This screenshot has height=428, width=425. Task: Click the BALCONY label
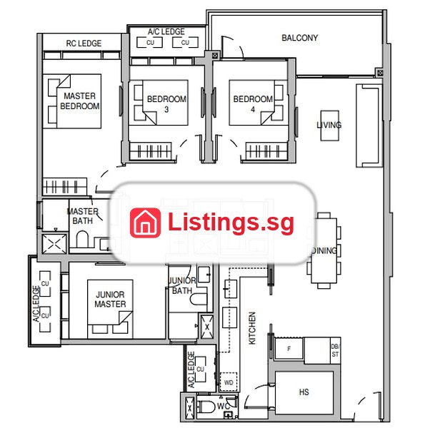click(299, 38)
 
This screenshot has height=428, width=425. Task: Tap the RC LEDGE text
click(84, 43)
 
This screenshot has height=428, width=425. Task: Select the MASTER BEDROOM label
click(79, 101)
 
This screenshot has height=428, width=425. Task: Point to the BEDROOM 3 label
click(166, 104)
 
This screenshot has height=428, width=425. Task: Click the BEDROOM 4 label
click(253, 104)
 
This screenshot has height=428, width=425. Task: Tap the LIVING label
click(329, 125)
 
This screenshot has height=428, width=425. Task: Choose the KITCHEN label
click(252, 328)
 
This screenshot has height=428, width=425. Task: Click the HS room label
click(304, 392)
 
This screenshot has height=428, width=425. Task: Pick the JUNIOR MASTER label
click(110, 299)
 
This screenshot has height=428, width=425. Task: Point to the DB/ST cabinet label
click(335, 350)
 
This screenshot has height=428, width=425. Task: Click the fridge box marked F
click(289, 349)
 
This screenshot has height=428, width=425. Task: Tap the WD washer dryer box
click(229, 382)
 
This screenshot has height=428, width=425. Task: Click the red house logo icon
click(145, 223)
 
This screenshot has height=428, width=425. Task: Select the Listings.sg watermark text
click(231, 223)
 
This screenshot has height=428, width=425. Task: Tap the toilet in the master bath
click(82, 239)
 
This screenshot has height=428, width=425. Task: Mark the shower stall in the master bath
click(54, 244)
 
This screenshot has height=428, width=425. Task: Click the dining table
click(324, 250)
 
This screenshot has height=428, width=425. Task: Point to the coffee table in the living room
click(329, 126)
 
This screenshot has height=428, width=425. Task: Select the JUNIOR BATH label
click(181, 285)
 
